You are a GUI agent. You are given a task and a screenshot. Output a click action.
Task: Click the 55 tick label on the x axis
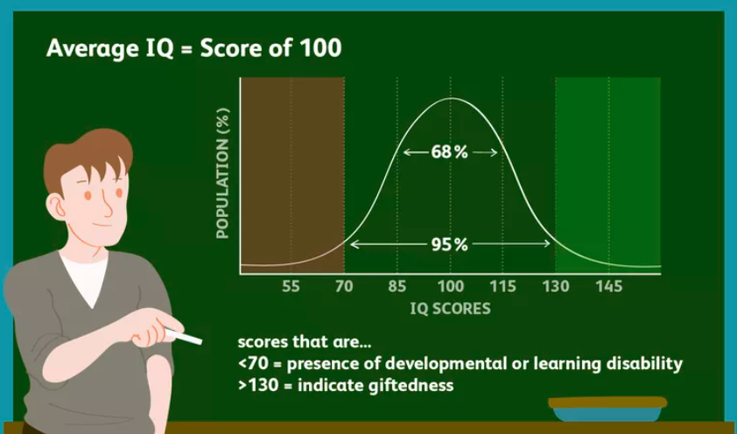point(291,286)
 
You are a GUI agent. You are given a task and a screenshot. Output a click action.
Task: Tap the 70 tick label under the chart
point(344,286)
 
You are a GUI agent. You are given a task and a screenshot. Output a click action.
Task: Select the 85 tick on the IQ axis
point(397,286)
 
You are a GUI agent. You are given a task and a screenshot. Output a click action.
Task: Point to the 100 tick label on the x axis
point(451,286)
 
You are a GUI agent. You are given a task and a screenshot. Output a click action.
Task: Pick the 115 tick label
point(503,286)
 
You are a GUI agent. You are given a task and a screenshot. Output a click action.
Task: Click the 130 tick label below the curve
point(557,286)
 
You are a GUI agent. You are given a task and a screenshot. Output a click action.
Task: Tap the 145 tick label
point(609,286)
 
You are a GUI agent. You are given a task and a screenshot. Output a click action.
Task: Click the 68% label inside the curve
point(450,152)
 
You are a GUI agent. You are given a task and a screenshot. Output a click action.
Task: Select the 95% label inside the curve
point(450,244)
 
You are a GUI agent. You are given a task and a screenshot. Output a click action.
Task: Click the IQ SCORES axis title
point(450,309)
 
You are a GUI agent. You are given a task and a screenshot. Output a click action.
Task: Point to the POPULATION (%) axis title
point(223,173)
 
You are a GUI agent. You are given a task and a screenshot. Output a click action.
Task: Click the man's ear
point(57,206)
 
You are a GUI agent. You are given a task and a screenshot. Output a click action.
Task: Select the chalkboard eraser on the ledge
point(607,409)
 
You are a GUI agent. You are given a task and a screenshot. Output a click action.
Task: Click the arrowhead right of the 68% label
point(494,152)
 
